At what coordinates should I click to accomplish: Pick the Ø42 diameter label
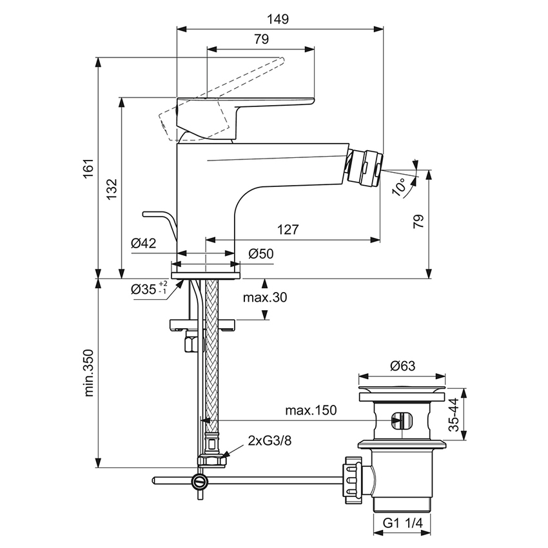[x=143, y=243]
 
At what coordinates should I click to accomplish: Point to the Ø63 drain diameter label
[x=402, y=366]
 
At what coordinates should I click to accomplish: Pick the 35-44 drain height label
[x=455, y=414]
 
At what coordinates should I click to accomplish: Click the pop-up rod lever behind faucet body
[x=159, y=216]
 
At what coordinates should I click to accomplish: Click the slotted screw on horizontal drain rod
[x=199, y=480]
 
